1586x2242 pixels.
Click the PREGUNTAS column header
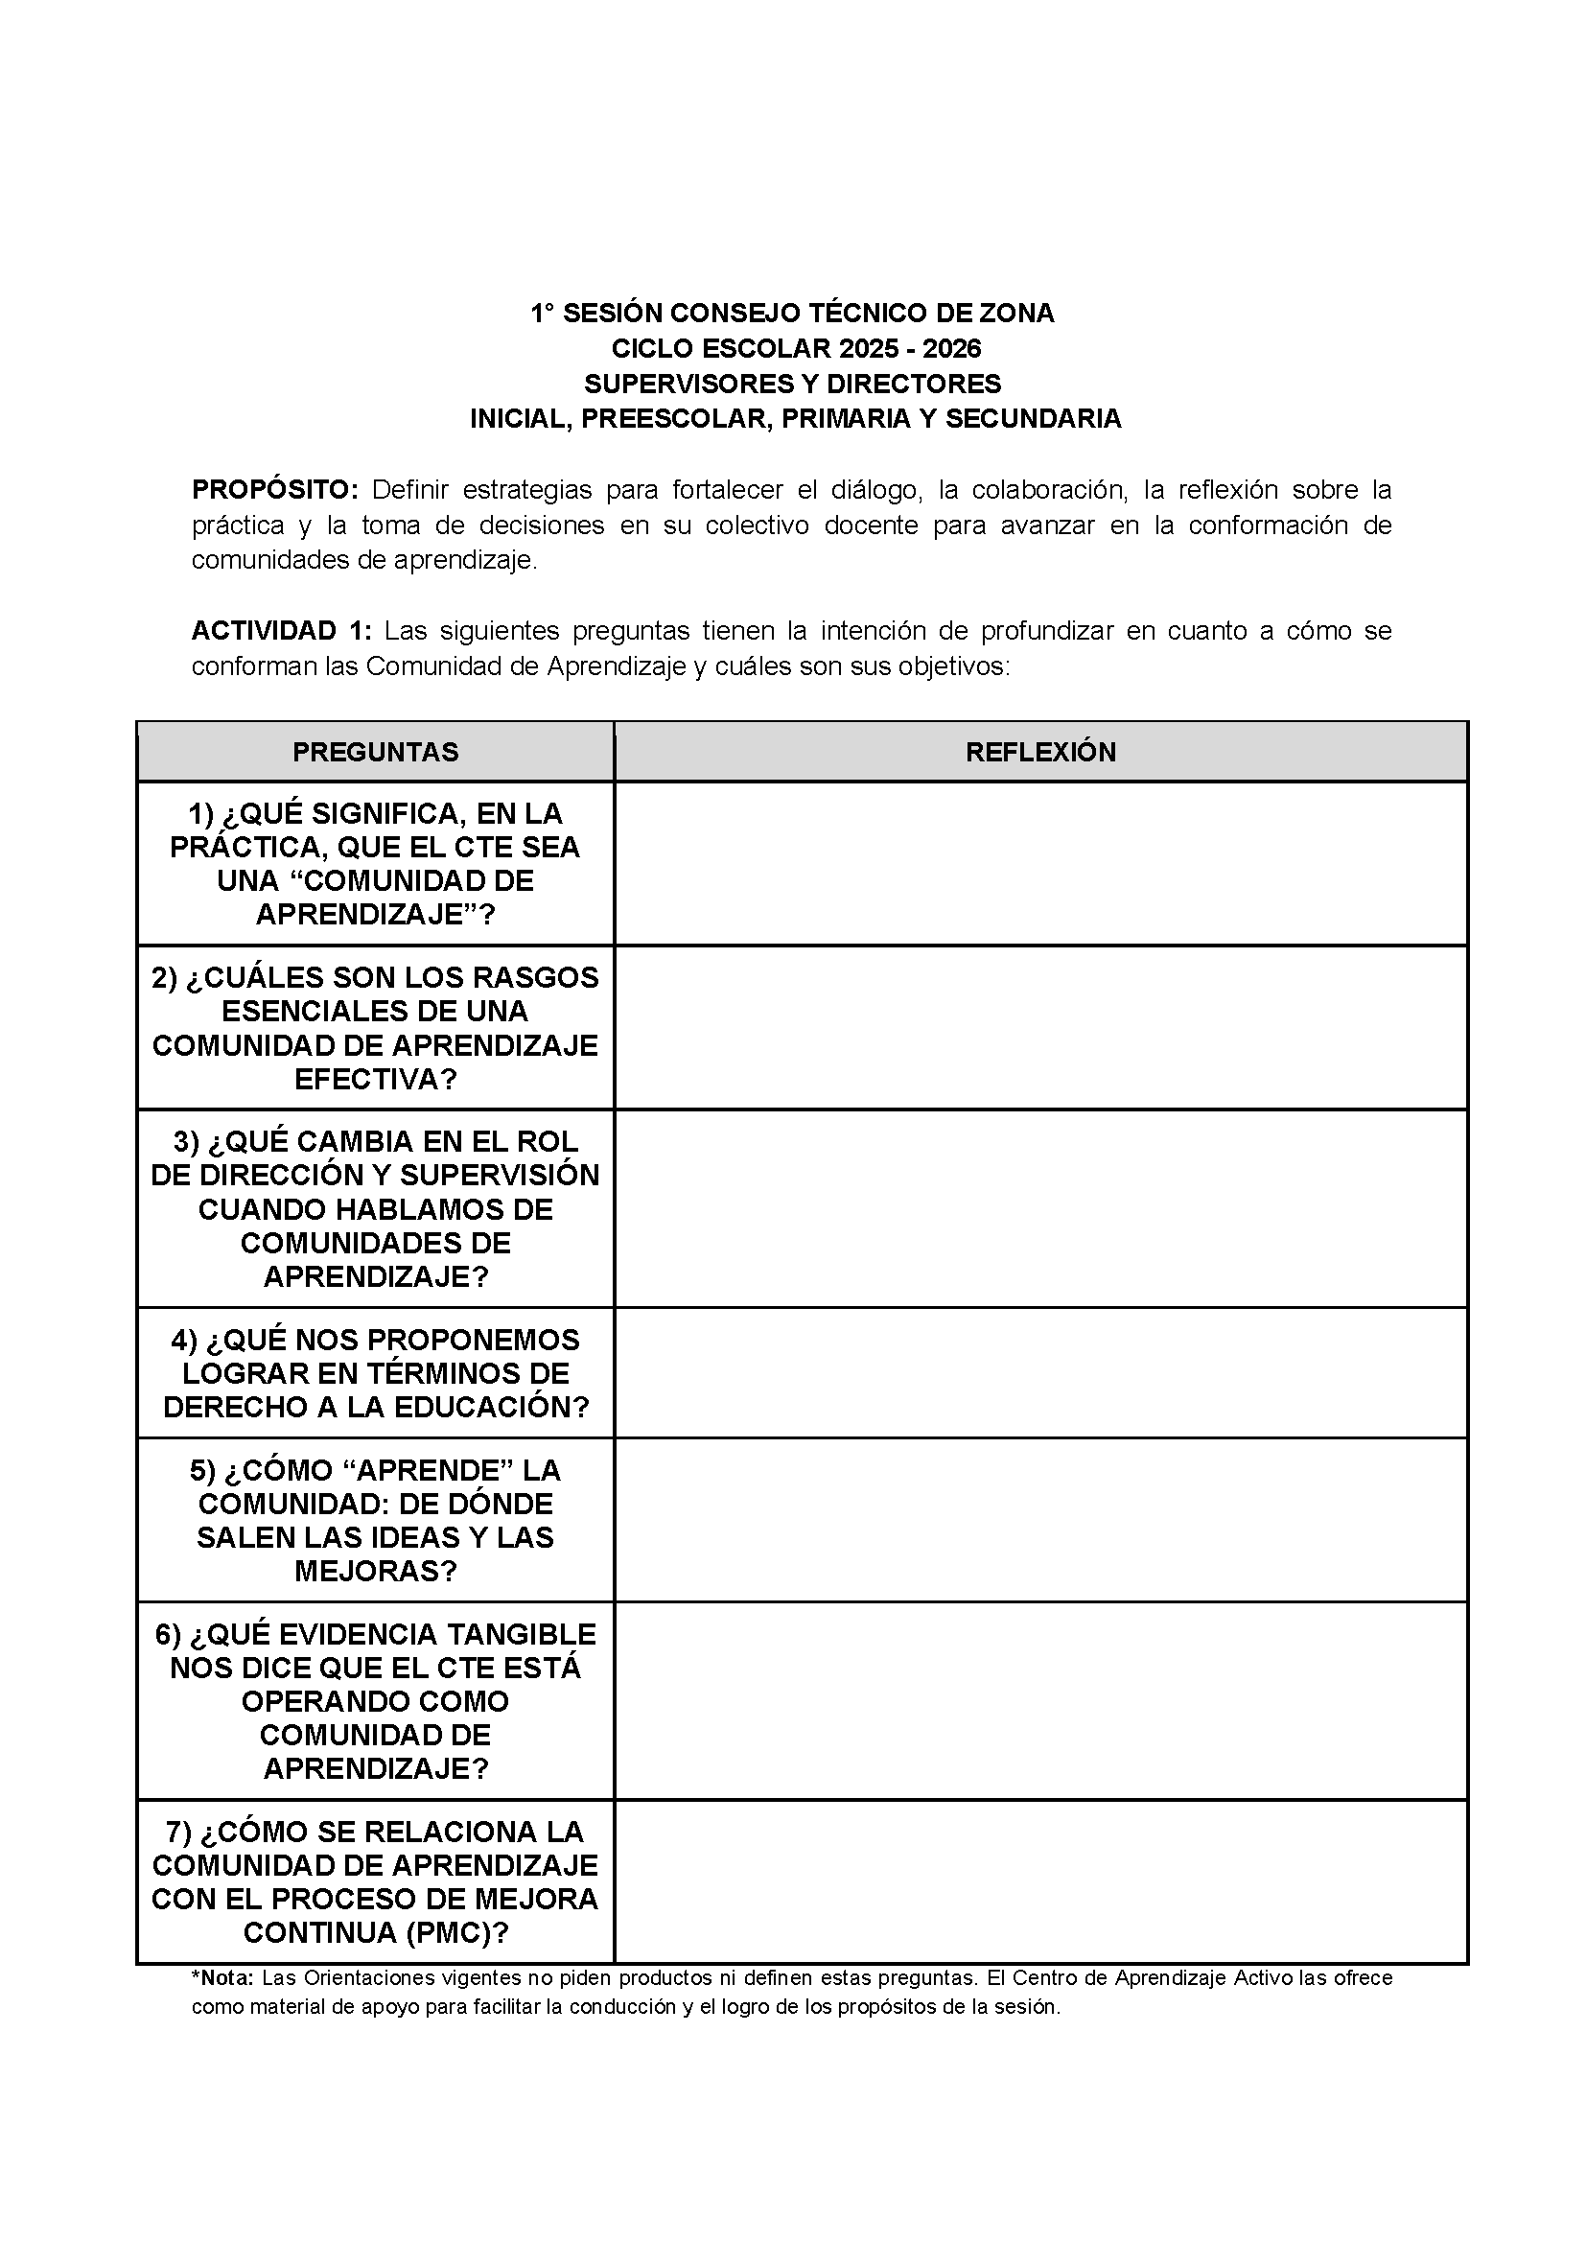click(x=375, y=752)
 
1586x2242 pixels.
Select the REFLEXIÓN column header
click(x=1040, y=752)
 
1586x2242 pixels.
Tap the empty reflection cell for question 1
click(x=1040, y=863)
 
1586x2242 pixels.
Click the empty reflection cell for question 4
click(x=1040, y=1373)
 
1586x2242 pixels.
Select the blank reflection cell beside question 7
click(x=1040, y=1881)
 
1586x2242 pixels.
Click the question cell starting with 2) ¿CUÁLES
click(x=375, y=1028)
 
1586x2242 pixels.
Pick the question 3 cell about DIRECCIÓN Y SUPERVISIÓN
click(x=375, y=1209)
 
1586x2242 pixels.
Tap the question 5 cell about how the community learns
click(x=375, y=1520)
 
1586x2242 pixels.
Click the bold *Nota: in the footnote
click(x=222, y=1978)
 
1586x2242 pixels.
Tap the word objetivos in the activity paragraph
click(x=949, y=666)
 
